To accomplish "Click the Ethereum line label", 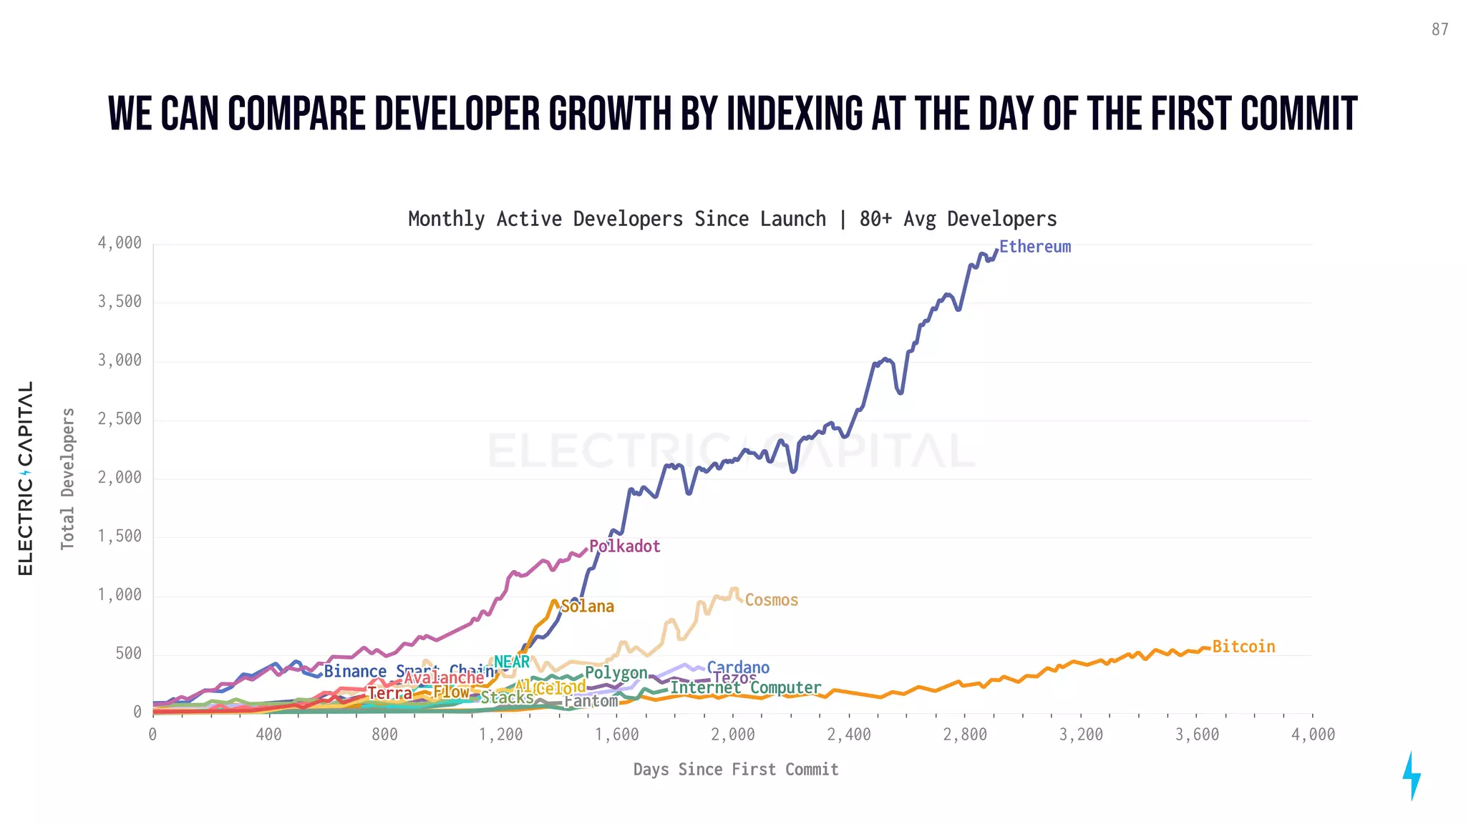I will (x=1034, y=247).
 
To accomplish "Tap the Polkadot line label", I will (x=624, y=546).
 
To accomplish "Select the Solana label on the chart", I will (x=587, y=607).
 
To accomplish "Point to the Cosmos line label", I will (x=771, y=600).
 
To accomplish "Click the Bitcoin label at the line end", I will (x=1243, y=647).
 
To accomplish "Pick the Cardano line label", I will (x=738, y=668).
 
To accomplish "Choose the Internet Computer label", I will (x=745, y=688).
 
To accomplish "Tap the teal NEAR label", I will (x=512, y=662).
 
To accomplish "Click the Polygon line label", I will (x=616, y=673).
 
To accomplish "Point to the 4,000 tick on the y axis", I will (x=120, y=243).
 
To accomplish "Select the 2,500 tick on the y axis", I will (x=120, y=419).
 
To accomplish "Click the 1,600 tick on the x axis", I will (x=616, y=735).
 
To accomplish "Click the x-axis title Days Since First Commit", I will (x=735, y=770).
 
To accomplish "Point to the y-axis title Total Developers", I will (x=67, y=479).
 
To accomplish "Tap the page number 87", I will (x=1440, y=29).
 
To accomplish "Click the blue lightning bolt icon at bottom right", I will (x=1411, y=775).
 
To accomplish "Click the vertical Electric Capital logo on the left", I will (x=26, y=478).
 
